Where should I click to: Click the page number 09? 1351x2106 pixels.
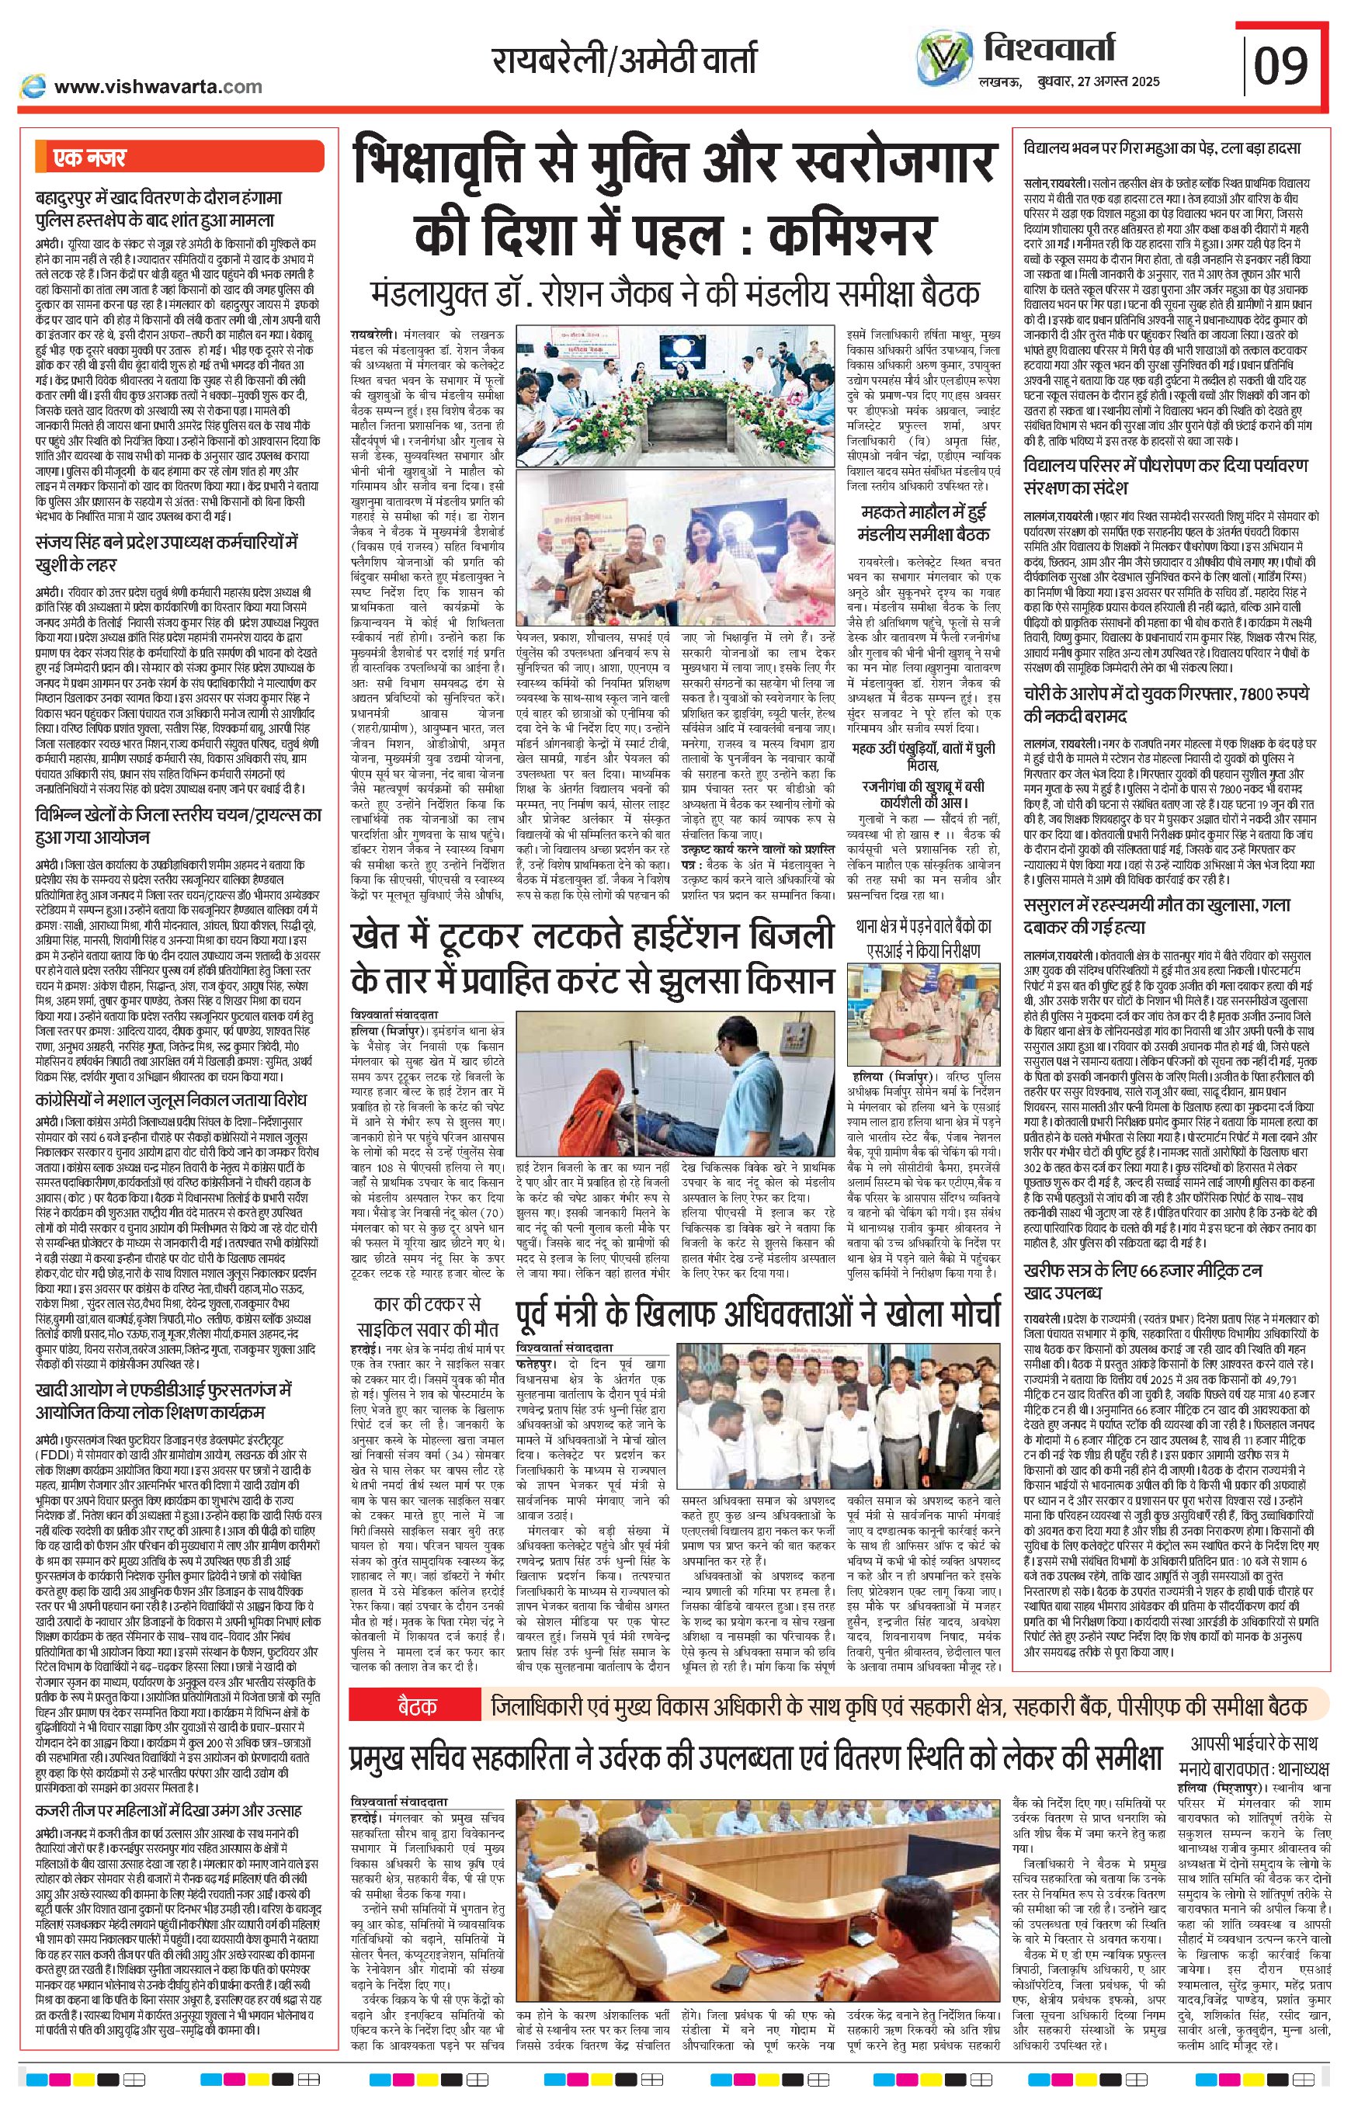(1282, 66)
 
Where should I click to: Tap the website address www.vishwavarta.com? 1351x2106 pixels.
(157, 87)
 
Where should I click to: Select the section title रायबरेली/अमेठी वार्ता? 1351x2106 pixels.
(623, 61)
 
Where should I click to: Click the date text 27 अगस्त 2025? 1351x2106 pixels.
(1122, 82)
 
